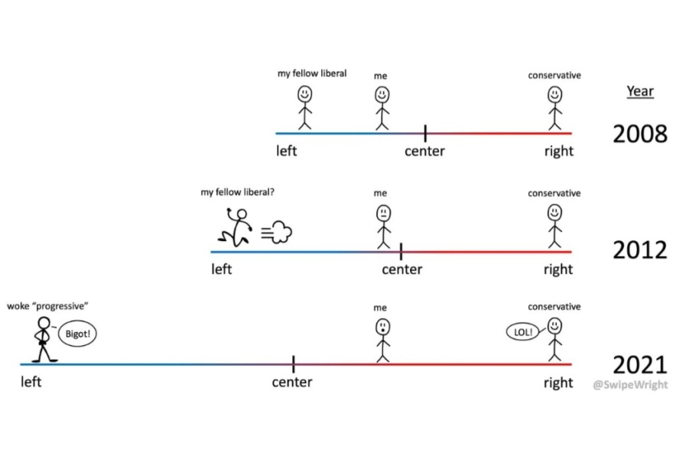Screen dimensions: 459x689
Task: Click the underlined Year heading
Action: [x=640, y=91]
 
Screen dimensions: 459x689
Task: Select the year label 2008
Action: [x=639, y=134]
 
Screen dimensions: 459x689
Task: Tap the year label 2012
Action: [x=639, y=250]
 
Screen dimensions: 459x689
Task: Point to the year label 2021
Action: [x=639, y=364]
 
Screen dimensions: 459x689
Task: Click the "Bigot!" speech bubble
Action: [x=80, y=334]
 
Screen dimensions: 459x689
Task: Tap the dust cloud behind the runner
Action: [x=278, y=232]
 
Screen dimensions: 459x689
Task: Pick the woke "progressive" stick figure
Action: [x=43, y=339]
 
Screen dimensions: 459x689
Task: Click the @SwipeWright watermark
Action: [x=629, y=384]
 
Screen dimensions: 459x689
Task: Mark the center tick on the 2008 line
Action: [x=425, y=132]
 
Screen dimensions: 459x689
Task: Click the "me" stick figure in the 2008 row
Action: [x=382, y=107]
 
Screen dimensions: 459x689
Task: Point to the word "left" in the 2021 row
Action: [x=31, y=382]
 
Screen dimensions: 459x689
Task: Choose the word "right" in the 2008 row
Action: [x=558, y=151]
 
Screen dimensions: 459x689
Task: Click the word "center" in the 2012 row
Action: [x=402, y=269]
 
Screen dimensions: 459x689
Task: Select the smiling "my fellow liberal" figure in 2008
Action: [x=305, y=107]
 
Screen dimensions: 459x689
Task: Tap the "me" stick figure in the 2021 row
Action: [x=382, y=340]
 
